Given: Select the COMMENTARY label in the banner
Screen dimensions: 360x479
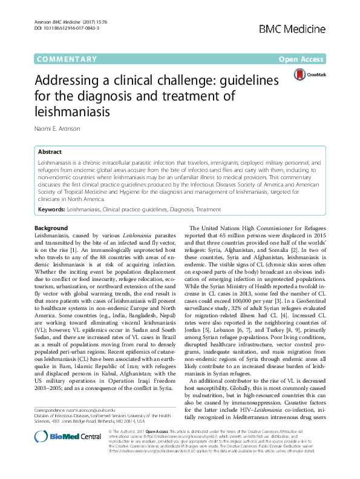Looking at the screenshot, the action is point(67,59).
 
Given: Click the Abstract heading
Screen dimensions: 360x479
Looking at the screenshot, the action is point(50,152).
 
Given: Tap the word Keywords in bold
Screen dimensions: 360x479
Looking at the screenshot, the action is point(51,210).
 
